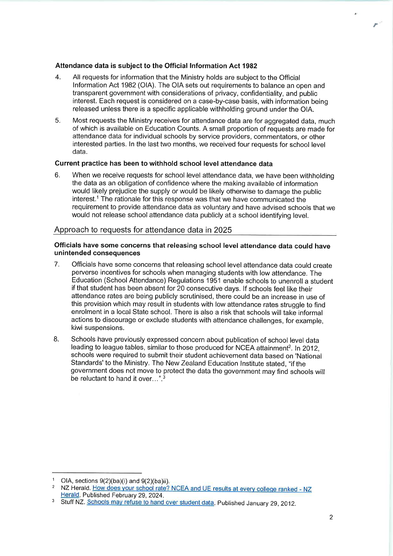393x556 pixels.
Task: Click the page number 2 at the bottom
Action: click(x=331, y=517)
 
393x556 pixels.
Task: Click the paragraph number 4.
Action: click(x=58, y=77)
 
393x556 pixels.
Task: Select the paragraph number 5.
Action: click(x=57, y=121)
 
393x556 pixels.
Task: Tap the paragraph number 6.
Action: click(x=57, y=175)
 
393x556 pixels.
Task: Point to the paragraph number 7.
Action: click(x=56, y=264)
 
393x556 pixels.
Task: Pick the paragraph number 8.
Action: click(x=56, y=339)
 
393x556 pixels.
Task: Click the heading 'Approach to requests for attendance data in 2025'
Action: click(x=143, y=230)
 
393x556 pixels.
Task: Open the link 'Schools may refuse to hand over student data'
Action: click(x=150, y=503)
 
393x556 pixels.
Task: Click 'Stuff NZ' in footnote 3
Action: click(x=73, y=503)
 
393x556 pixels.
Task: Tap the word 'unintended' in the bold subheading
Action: click(x=72, y=253)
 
